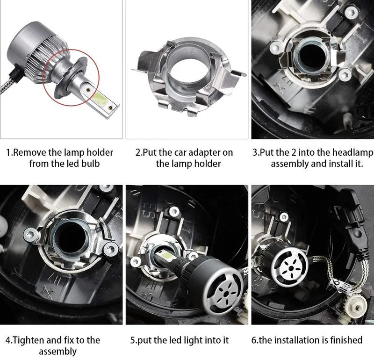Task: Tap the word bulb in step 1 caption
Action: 90,164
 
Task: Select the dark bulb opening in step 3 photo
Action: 312,56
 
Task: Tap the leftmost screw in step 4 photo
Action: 30,235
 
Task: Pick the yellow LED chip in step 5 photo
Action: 166,256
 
